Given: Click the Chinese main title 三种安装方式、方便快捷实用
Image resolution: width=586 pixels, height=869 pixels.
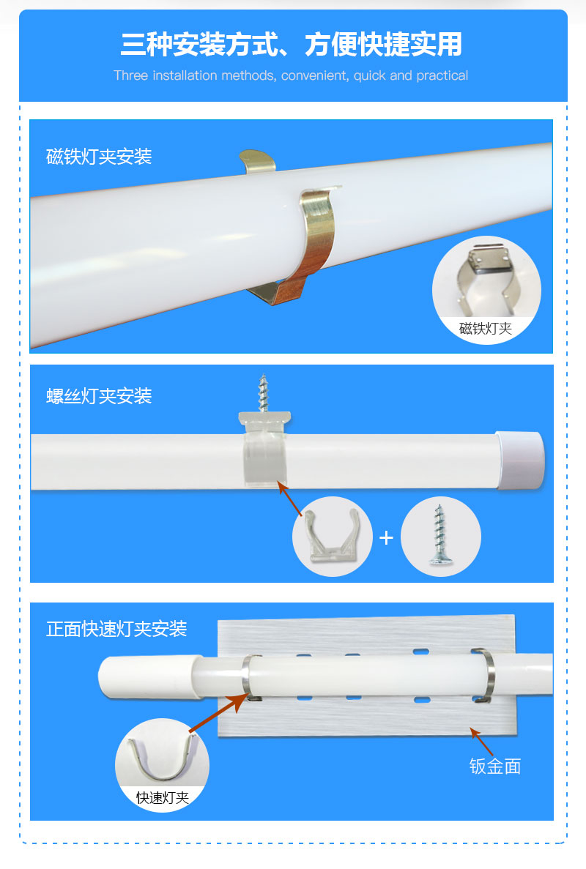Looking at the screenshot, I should click(x=292, y=44).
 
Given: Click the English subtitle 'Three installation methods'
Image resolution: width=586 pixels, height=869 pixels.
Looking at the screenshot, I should click(x=291, y=75).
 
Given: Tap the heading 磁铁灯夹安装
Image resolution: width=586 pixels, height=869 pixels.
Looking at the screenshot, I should click(x=99, y=157).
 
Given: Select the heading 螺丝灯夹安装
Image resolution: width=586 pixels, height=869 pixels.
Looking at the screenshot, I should click(x=99, y=396).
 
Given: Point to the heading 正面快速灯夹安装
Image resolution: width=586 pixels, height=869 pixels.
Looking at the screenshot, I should click(x=116, y=628).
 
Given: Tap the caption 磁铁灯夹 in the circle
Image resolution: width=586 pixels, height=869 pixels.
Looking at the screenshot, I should click(x=486, y=328).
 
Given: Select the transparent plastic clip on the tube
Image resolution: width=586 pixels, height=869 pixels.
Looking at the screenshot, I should click(x=264, y=454).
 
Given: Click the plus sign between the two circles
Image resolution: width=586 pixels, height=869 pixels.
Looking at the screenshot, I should click(x=386, y=538).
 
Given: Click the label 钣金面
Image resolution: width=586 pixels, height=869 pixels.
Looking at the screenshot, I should click(x=494, y=766).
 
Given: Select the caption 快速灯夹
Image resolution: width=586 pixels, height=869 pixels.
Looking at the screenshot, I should click(x=162, y=797).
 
